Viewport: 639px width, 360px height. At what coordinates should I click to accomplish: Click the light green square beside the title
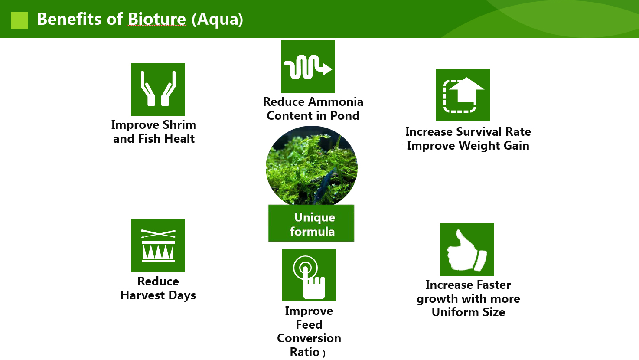click(19, 20)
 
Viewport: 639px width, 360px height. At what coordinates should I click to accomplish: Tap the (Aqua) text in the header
click(217, 20)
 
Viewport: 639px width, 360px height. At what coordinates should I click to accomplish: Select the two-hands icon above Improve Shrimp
click(158, 89)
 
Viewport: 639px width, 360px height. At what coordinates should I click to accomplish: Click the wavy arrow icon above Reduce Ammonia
click(308, 66)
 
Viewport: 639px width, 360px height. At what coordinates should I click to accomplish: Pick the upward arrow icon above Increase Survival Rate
click(463, 95)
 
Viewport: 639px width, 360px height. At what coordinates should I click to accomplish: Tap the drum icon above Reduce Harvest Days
click(158, 246)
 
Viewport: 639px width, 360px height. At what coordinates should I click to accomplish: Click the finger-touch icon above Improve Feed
click(309, 275)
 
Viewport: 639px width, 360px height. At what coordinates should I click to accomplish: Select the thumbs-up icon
click(467, 249)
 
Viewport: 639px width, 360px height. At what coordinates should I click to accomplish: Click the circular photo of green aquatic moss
click(312, 166)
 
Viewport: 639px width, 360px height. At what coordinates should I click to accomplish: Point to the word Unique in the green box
click(315, 218)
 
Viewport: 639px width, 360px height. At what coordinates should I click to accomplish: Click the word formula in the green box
click(312, 231)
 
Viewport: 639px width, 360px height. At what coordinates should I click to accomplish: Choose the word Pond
click(345, 116)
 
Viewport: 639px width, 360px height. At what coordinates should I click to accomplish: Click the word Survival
click(479, 131)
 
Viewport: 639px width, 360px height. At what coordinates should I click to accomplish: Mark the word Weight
click(479, 146)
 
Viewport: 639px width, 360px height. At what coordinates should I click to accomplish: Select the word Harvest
click(143, 295)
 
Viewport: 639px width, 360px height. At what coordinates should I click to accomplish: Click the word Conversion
click(309, 338)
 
